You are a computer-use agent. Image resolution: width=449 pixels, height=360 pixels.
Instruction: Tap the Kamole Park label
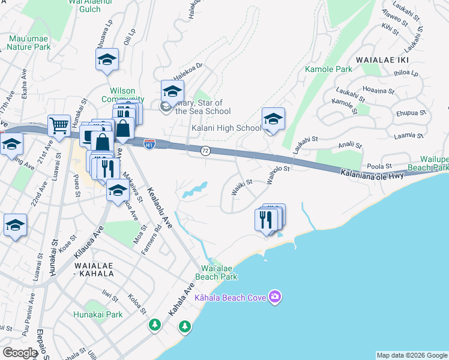click(328, 70)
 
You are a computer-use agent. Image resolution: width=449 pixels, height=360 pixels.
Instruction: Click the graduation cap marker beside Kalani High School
click(273, 119)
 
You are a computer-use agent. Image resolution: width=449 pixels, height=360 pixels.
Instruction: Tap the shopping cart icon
click(59, 126)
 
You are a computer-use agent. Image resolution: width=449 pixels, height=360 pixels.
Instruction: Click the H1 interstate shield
click(149, 144)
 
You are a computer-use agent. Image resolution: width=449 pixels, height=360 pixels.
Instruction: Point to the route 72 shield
click(205, 150)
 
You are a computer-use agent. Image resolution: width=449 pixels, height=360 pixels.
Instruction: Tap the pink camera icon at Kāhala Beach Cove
click(275, 297)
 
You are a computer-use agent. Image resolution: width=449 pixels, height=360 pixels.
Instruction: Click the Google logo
click(20, 353)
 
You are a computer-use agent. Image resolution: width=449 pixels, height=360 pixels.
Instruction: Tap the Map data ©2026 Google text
click(412, 355)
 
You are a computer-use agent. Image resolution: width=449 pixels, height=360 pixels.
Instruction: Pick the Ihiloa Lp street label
click(406, 73)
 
